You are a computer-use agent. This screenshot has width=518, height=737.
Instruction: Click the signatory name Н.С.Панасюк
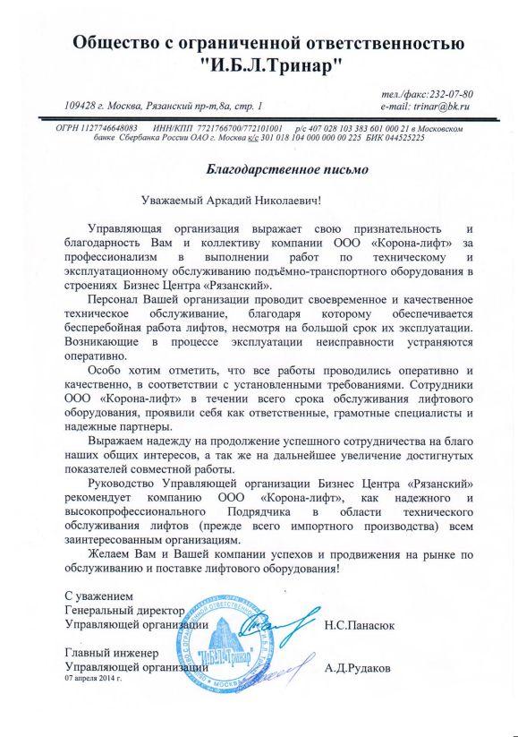[362, 624]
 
